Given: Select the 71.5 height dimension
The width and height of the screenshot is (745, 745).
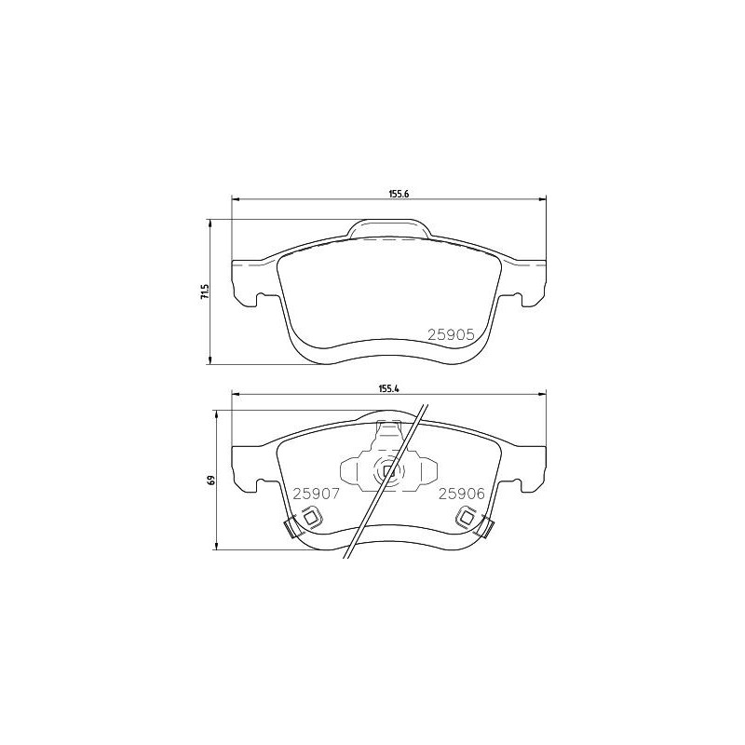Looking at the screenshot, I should pos(202,291).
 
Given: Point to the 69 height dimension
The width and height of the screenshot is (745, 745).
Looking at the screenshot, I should pos(211,481).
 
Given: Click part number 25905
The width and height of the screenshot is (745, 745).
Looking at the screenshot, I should pos(451,332).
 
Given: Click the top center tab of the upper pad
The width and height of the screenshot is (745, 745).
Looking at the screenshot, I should pos(388,228).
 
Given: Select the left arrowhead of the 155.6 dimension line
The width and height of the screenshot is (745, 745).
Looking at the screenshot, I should pos(235,198).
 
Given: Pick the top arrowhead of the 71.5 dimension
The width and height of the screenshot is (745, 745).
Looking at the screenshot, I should pos(210,222).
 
